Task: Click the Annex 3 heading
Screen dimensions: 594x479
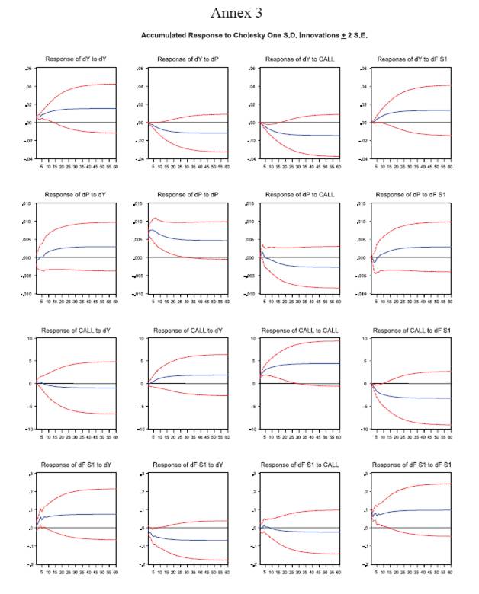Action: pos(239,13)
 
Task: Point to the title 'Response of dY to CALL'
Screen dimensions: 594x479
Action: pos(300,59)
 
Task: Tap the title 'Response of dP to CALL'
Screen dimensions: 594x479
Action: pos(300,194)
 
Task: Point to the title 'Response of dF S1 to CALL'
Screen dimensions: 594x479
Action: pos(300,465)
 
